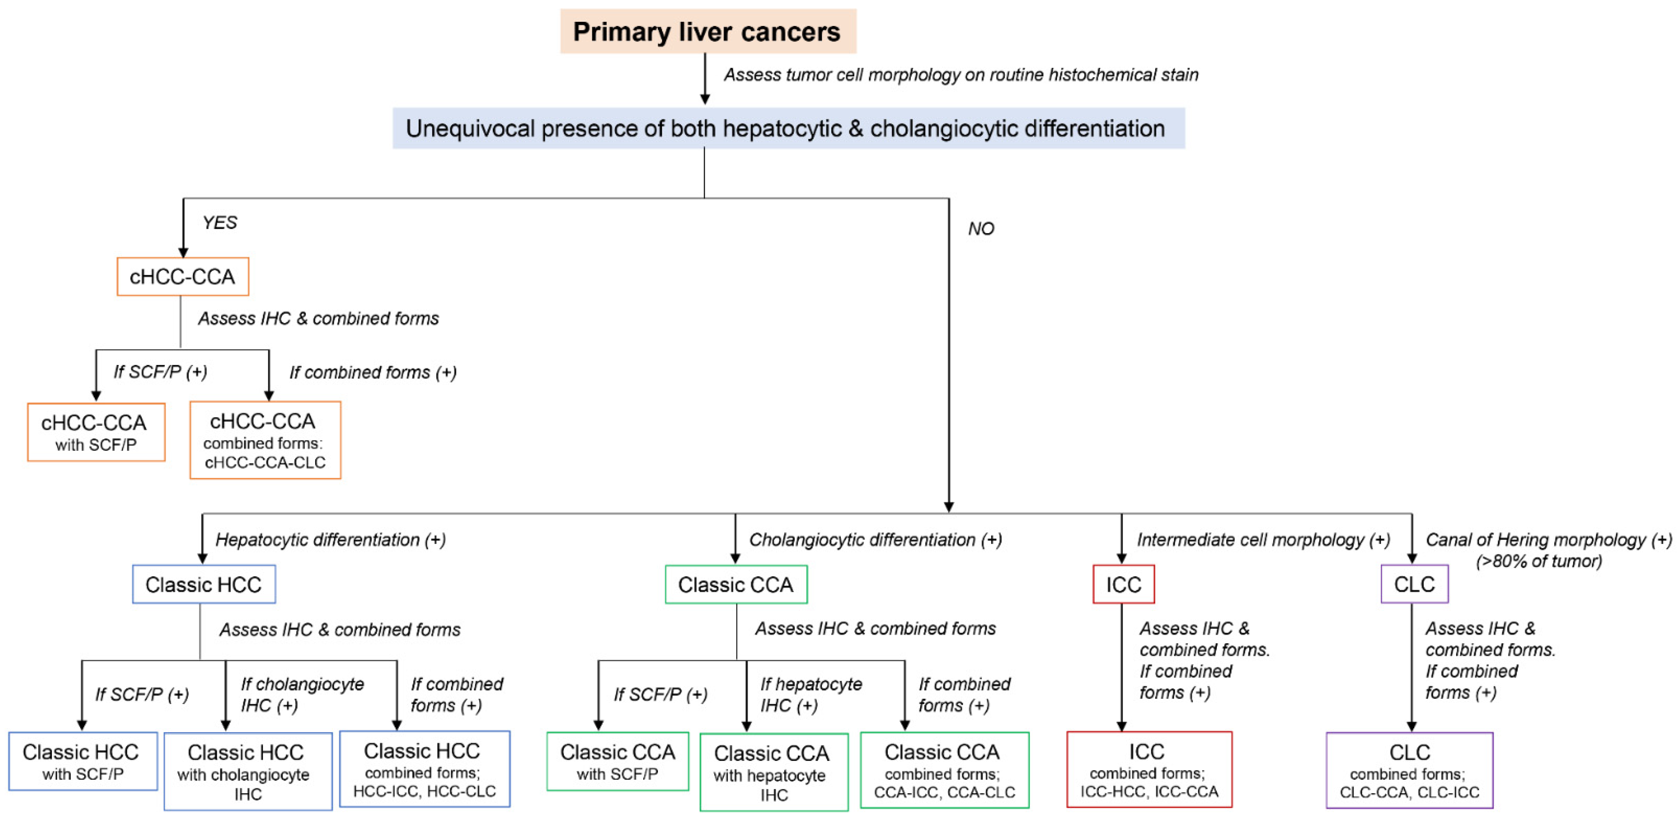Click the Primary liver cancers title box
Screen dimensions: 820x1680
pyautogui.click(x=708, y=31)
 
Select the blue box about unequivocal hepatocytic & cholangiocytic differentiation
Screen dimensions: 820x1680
pyautogui.click(x=788, y=128)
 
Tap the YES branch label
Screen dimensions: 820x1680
pyautogui.click(x=220, y=223)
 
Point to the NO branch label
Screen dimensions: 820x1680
pyautogui.click(x=980, y=229)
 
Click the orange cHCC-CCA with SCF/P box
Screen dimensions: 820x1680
pyautogui.click(x=96, y=432)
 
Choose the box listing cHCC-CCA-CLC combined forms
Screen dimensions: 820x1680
pyautogui.click(x=265, y=440)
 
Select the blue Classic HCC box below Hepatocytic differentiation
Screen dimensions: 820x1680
pyautogui.click(x=204, y=585)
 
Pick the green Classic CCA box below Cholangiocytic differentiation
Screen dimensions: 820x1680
pyautogui.click(x=736, y=585)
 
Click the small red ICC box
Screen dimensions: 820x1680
pyautogui.click(x=1123, y=585)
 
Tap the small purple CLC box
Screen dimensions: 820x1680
pyautogui.click(x=1414, y=585)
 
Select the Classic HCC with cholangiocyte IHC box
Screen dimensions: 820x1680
pyautogui.click(x=247, y=772)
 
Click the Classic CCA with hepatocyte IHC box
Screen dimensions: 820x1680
pyautogui.click(x=773, y=772)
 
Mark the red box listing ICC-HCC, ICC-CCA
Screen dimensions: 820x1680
pyautogui.click(x=1149, y=770)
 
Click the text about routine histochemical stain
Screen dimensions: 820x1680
pyautogui.click(x=961, y=75)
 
